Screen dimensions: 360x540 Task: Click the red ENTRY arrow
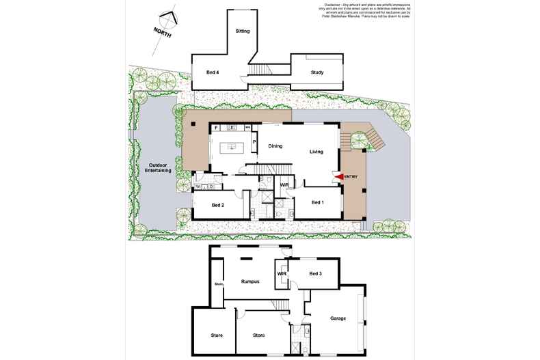[338, 178]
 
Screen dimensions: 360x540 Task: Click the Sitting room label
[243, 31]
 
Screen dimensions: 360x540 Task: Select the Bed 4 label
[213, 72]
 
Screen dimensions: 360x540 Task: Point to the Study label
[316, 72]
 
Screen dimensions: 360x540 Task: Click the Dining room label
[275, 146]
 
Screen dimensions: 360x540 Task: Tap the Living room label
[316, 152]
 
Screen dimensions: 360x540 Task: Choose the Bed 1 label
[318, 203]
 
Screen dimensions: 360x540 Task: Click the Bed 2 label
[218, 204]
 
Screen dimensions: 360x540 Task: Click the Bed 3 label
[315, 275]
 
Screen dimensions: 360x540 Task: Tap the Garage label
[338, 318]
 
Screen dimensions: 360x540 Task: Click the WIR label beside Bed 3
[281, 275]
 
